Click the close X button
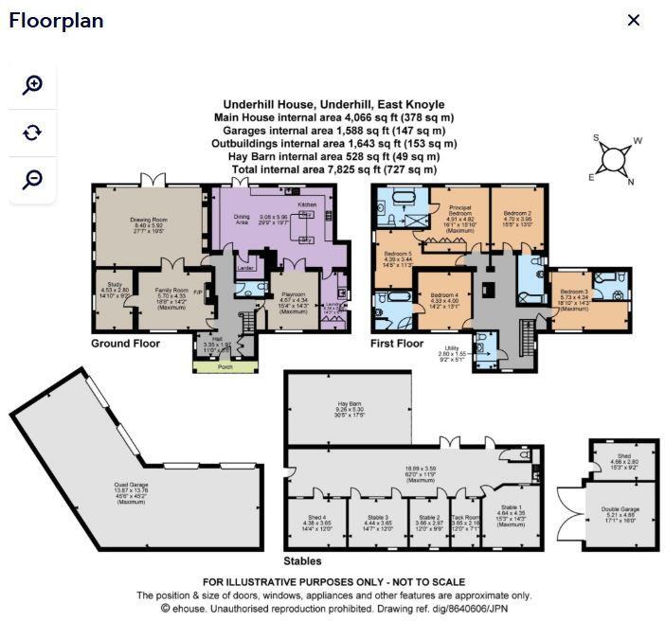coord(634,21)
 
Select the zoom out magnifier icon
coord(32,179)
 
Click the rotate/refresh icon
coord(32,133)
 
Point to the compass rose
coord(617,158)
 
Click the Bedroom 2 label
coord(517,214)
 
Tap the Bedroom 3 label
coord(573,292)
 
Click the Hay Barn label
coord(350,405)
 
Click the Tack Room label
coord(466,517)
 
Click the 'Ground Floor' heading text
coord(125,344)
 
